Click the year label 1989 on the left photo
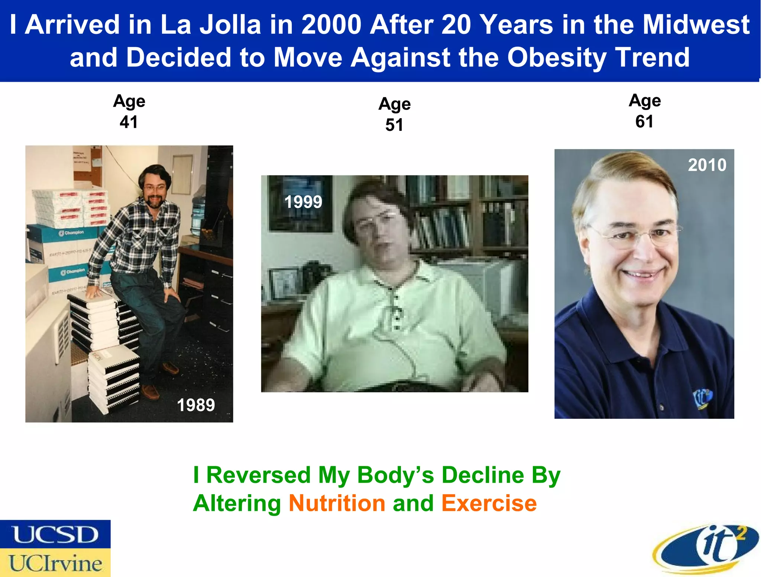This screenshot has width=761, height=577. tap(196, 405)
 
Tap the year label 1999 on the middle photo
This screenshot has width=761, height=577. tap(303, 202)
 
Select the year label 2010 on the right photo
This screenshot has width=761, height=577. tap(707, 165)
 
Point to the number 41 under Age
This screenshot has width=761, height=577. tap(129, 122)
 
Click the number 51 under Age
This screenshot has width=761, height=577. tap(394, 125)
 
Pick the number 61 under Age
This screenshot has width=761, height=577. tap(644, 121)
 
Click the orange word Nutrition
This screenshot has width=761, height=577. tap(337, 503)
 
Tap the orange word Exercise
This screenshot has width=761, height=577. tap(489, 503)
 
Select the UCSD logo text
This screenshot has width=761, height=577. tap(55, 535)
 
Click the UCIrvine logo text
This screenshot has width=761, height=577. tap(55, 563)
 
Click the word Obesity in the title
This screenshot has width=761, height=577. tap(557, 58)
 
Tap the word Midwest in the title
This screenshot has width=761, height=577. tap(696, 25)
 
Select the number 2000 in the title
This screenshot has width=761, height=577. tap(331, 25)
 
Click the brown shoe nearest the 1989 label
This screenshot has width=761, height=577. tap(150, 391)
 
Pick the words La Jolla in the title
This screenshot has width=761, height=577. tap(211, 25)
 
